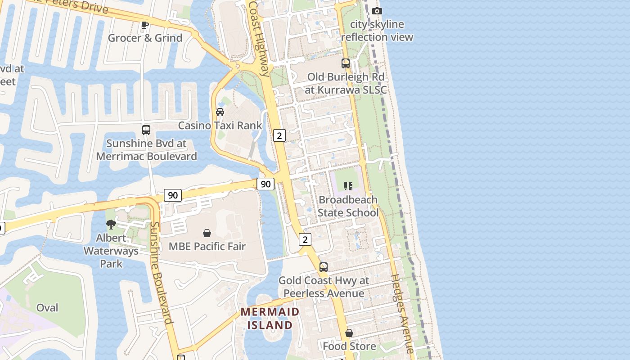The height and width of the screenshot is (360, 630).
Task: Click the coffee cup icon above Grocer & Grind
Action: (144, 25)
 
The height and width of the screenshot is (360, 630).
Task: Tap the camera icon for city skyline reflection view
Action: (377, 11)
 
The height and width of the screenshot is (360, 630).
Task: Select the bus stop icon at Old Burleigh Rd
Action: (346, 63)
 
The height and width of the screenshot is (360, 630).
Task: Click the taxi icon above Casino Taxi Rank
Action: (220, 112)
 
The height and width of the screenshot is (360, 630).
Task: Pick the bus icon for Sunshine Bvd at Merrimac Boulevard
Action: (146, 130)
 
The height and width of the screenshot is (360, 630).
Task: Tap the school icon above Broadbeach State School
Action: (348, 186)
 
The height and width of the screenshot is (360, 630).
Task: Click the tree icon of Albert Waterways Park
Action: (111, 224)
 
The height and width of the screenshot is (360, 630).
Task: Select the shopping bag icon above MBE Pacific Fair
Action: (207, 233)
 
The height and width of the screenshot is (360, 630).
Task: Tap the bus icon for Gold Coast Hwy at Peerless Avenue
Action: (324, 267)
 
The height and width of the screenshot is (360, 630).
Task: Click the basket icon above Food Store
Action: (349, 333)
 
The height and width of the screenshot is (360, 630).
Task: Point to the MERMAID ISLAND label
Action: (270, 318)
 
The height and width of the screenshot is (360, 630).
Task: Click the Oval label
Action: (47, 308)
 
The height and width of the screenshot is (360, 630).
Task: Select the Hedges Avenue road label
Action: (402, 313)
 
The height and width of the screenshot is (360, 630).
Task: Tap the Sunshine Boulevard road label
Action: (161, 273)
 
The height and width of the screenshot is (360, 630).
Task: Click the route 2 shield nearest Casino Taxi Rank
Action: (279, 135)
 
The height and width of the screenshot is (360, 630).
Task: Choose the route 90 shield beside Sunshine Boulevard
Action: (173, 195)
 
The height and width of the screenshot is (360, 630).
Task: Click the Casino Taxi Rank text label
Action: (220, 126)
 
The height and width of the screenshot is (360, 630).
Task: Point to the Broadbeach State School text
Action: (348, 206)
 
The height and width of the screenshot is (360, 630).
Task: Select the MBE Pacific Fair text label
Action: (207, 247)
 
